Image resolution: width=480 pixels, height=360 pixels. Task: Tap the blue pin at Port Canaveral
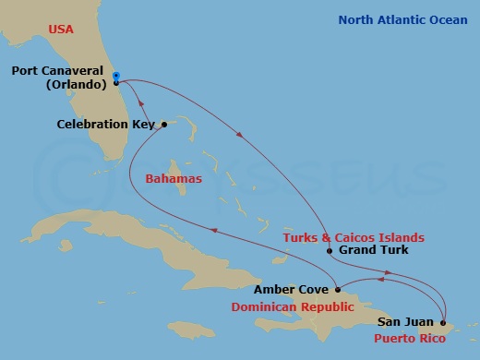[x=115, y=77]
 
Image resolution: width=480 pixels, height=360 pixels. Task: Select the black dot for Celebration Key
[x=163, y=124]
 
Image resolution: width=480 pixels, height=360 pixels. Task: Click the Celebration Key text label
[x=106, y=124]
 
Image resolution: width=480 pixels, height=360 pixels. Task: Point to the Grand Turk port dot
[x=330, y=250]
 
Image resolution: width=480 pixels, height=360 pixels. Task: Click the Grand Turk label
[x=374, y=250]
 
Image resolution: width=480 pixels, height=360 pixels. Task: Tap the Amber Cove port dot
[x=339, y=289]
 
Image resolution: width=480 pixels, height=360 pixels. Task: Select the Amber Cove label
[x=295, y=289]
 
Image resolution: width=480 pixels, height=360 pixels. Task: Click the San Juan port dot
[x=444, y=322]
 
